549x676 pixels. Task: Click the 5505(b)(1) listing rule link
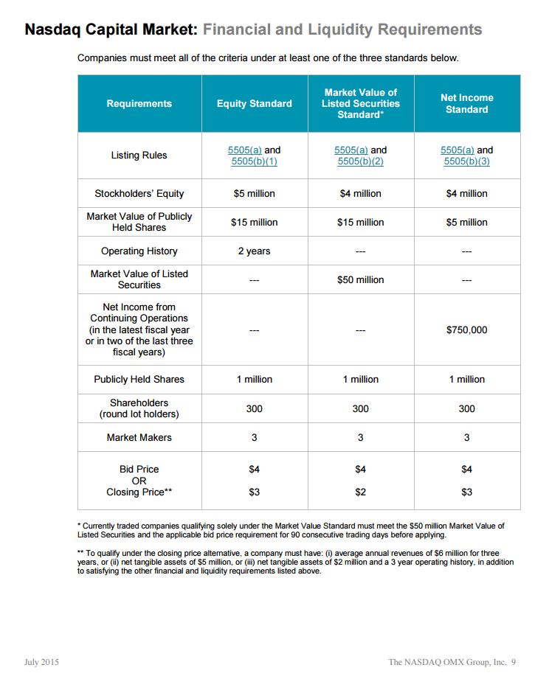(x=254, y=161)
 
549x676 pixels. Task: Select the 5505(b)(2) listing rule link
(x=360, y=161)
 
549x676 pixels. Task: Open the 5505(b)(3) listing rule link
(x=466, y=161)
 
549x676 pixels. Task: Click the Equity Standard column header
(x=254, y=104)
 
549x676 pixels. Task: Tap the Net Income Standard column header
(x=466, y=103)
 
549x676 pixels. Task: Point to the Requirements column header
(x=139, y=104)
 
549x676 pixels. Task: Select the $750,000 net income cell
(x=466, y=330)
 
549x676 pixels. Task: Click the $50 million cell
(x=360, y=279)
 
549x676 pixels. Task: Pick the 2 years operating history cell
(x=254, y=251)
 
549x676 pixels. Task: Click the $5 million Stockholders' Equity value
(x=254, y=193)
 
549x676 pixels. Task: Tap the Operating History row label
(x=139, y=251)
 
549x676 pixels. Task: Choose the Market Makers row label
(x=139, y=437)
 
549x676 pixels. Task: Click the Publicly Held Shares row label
(x=139, y=379)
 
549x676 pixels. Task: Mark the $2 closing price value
(x=360, y=492)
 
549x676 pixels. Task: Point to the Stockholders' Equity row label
(x=139, y=193)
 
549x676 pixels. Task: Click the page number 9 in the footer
(x=514, y=661)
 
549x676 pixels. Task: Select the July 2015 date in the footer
(x=41, y=661)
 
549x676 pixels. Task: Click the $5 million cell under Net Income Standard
(x=466, y=222)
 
